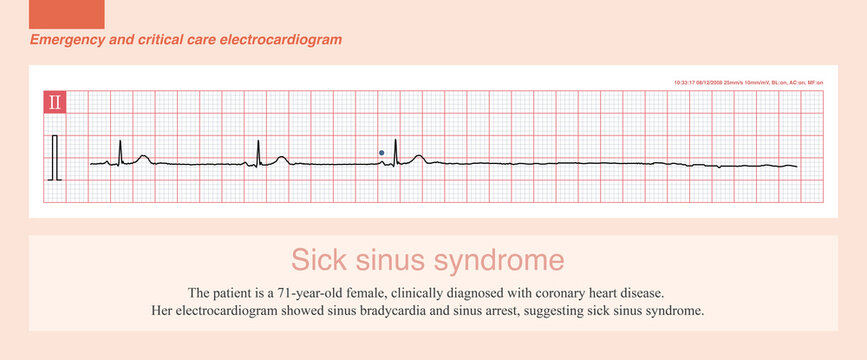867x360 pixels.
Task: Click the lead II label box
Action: coord(55,101)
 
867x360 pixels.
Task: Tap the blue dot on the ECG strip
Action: coord(381,153)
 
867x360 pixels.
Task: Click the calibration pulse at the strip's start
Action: coord(56,157)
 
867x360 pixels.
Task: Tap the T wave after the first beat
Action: coord(144,157)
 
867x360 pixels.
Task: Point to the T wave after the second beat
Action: coord(282,157)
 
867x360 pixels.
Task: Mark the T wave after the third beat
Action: coord(419,157)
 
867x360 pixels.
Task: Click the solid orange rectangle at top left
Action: coord(68,14)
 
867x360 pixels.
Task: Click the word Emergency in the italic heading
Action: coord(64,40)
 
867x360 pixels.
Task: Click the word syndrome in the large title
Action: coord(503,260)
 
